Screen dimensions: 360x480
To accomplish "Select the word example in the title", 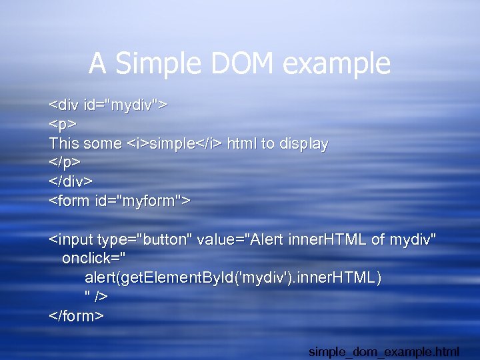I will point(337,64).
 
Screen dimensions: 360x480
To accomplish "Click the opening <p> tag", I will point(63,125).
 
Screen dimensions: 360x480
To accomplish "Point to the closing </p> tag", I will point(65,163).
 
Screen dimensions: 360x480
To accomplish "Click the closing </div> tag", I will point(71,181).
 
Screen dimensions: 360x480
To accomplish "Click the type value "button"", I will point(163,239).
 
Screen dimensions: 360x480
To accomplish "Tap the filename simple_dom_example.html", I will point(393,351).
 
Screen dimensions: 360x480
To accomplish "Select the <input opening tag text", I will point(72,239).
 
